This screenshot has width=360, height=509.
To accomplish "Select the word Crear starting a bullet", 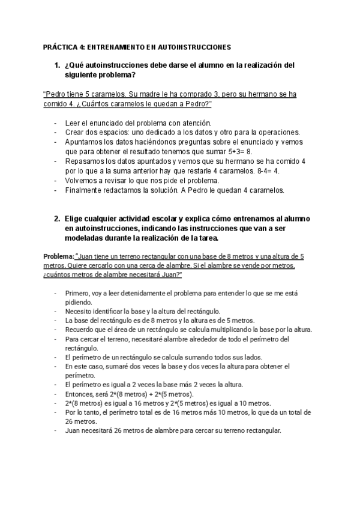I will (74, 132).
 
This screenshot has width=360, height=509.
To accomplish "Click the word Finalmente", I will (85, 190).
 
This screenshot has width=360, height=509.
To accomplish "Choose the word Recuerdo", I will (79, 330).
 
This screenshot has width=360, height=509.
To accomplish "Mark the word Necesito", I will (79, 312).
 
